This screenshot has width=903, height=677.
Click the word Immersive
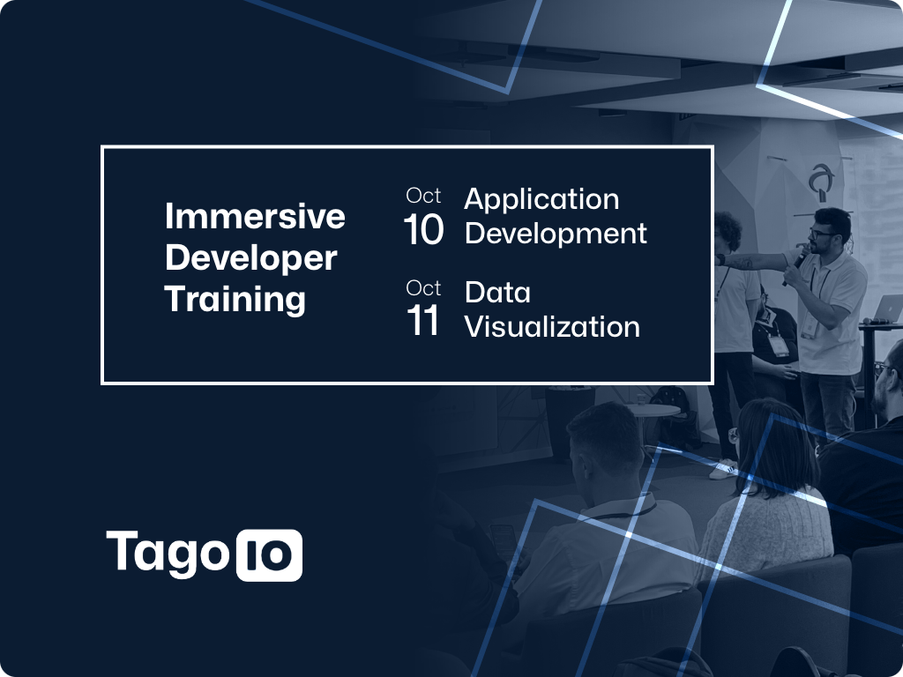click(x=255, y=216)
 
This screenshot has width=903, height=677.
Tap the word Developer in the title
click(x=250, y=258)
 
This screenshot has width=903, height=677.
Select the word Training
click(x=235, y=300)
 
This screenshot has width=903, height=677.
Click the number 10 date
click(x=423, y=230)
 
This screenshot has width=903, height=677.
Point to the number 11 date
click(x=423, y=321)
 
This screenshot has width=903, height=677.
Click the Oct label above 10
click(x=423, y=196)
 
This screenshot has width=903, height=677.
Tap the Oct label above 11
click(x=423, y=288)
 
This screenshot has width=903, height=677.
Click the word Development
click(x=556, y=234)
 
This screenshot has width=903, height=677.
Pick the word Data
click(x=497, y=293)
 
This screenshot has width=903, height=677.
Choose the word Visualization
click(x=552, y=326)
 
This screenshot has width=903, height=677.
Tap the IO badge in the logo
click(x=269, y=555)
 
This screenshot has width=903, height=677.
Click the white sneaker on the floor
click(x=723, y=469)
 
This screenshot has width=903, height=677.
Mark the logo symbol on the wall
click(x=822, y=182)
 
